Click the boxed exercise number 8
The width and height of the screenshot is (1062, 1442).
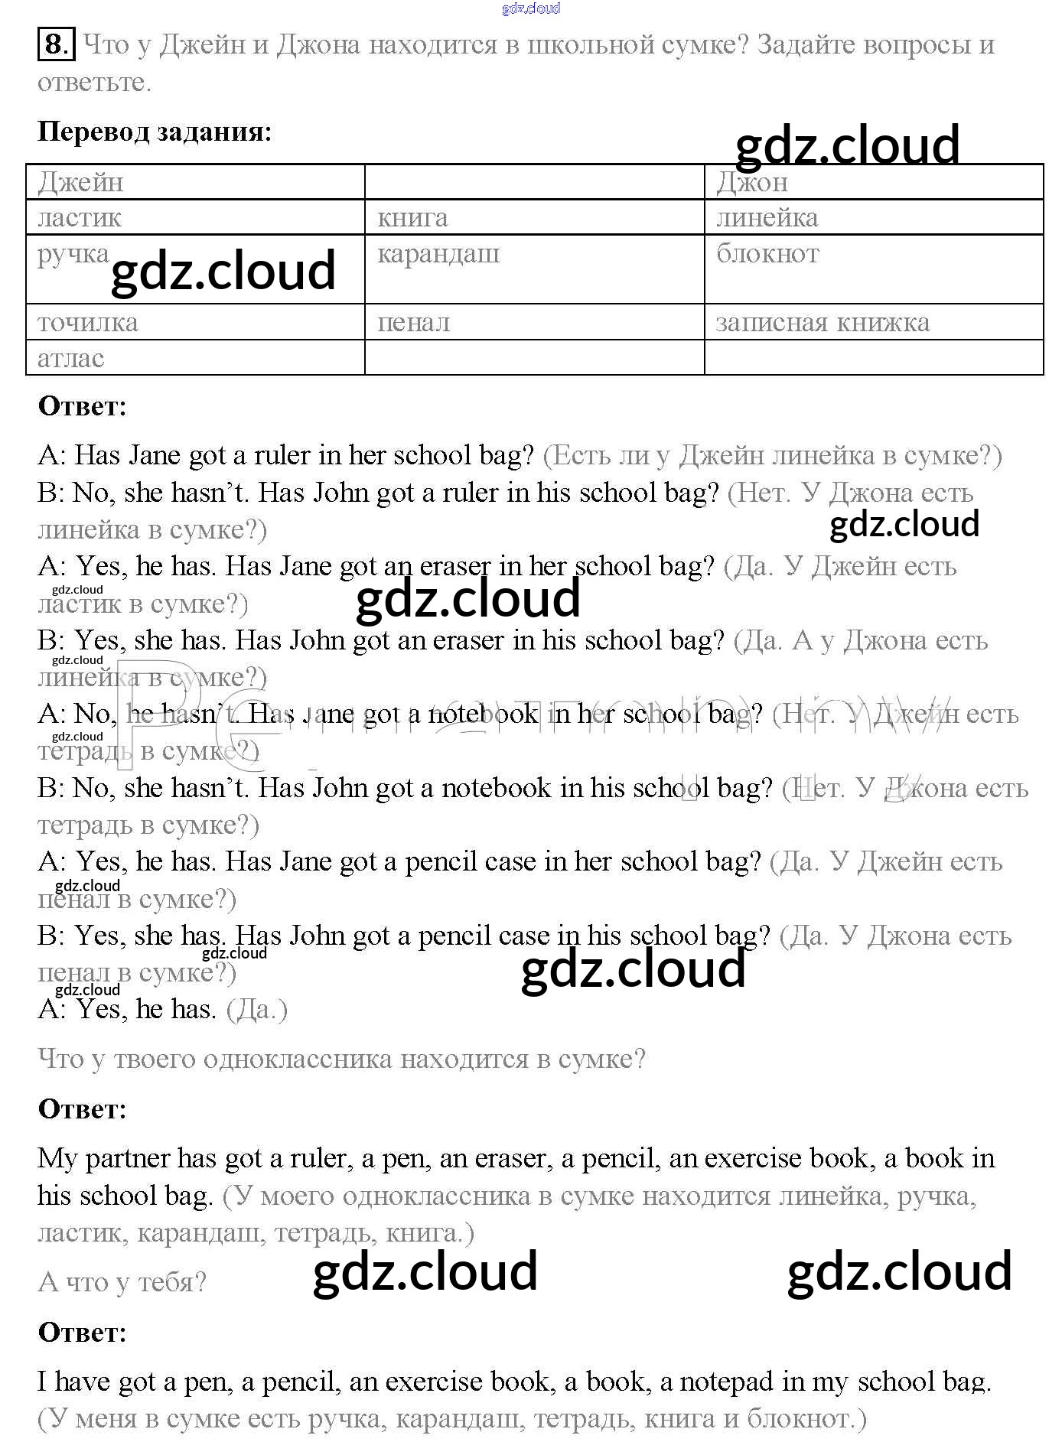click(56, 44)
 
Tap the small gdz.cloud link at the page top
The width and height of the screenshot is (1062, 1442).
click(531, 8)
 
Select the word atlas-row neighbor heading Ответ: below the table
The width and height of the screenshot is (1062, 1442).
click(82, 405)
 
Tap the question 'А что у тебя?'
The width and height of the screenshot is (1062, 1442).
click(122, 1281)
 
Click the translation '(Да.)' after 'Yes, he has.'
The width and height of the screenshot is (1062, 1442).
click(257, 1010)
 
